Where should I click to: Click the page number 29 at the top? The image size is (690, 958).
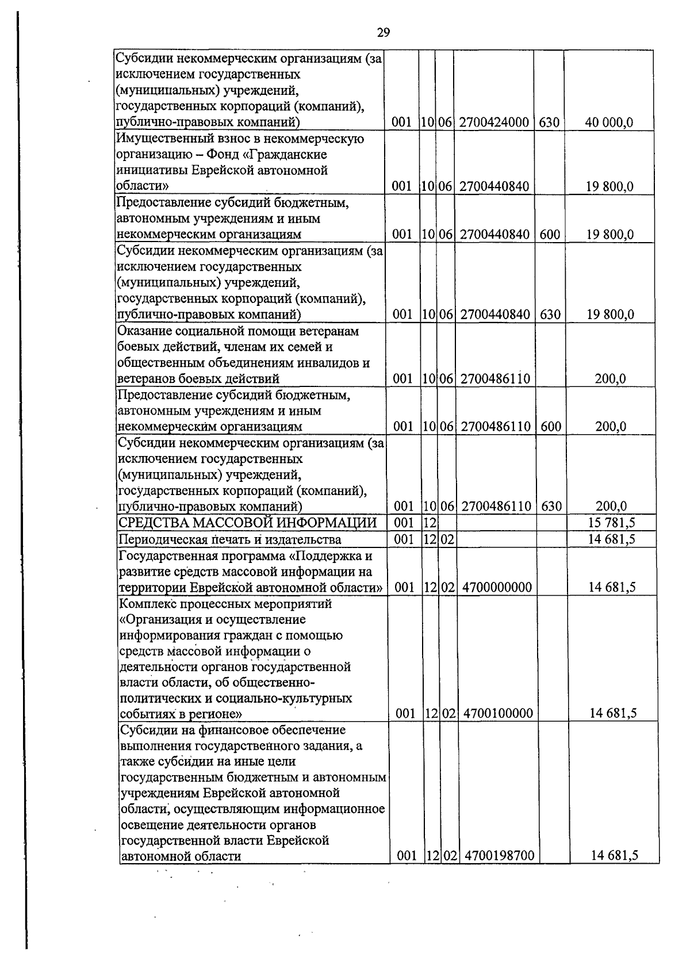(384, 33)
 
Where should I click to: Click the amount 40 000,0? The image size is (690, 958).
(609, 122)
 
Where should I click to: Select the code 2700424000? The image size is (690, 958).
(494, 122)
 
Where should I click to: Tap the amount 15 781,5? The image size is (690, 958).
(611, 523)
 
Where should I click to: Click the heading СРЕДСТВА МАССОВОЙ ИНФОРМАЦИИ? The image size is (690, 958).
(247, 523)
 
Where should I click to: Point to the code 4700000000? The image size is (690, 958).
(496, 587)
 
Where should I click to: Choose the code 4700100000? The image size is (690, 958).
(498, 714)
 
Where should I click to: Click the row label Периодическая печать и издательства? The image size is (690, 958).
(229, 539)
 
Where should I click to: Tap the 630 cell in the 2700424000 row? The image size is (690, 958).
(550, 122)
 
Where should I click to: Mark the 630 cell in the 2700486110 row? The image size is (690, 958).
(551, 507)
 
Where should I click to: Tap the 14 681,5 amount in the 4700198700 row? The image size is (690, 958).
(615, 856)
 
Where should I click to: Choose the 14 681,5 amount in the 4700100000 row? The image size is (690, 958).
(613, 714)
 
